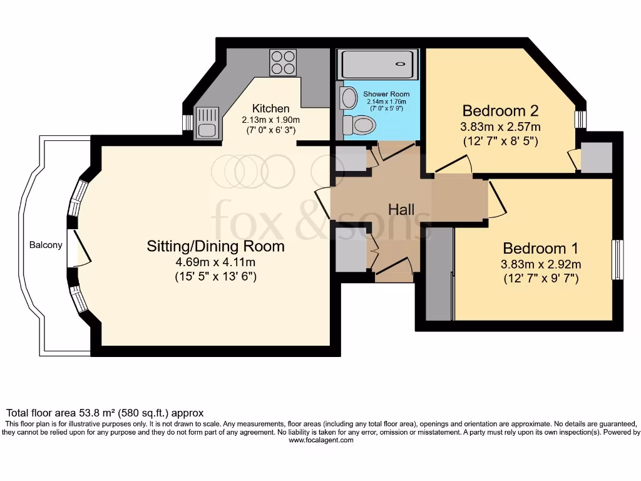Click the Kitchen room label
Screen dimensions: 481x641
point(270,108)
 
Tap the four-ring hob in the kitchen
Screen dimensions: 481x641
point(282,63)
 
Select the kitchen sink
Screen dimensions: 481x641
point(206,122)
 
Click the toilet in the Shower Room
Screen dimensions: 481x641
point(359,125)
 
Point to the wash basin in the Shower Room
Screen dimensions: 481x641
point(347,98)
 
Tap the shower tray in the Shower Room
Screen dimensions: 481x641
point(376,65)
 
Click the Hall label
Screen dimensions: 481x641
point(401,209)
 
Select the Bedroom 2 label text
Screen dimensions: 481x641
point(501,111)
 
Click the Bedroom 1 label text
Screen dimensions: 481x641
point(540,247)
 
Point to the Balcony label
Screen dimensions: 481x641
point(46,245)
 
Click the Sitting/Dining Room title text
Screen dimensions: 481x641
point(215,246)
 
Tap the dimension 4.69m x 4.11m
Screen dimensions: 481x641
point(215,262)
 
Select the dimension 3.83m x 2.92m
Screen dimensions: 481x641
point(541,264)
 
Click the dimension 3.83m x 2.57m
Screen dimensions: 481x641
point(501,127)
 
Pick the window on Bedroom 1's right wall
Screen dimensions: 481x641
point(617,260)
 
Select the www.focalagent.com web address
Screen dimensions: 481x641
point(320,440)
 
